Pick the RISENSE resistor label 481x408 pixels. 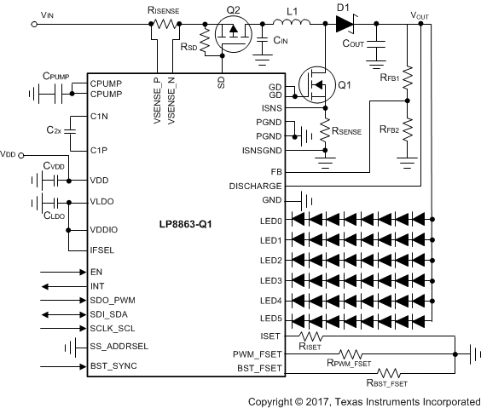(x=162, y=9)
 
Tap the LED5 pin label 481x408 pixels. (x=270, y=319)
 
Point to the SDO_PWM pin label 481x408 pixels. (x=113, y=301)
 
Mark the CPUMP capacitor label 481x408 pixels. (x=56, y=75)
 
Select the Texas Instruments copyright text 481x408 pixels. (x=363, y=400)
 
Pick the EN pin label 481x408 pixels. (x=96, y=272)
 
